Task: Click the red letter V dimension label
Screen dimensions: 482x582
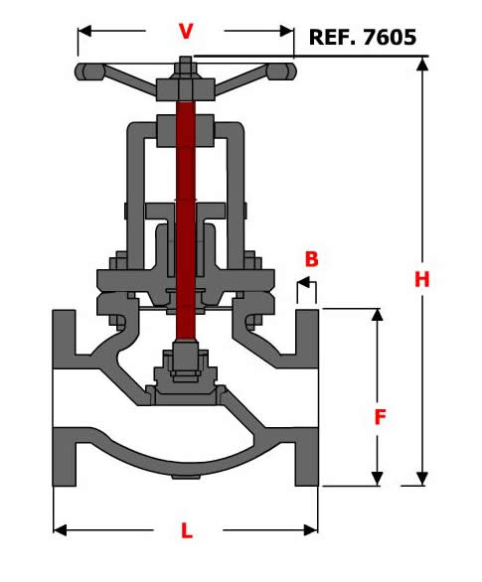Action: (x=186, y=31)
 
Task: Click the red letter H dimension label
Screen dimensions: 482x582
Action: (x=421, y=279)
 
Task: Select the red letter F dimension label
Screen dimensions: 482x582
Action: (x=380, y=417)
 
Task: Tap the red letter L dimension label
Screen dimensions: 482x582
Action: (x=187, y=530)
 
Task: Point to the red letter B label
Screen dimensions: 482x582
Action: (x=311, y=259)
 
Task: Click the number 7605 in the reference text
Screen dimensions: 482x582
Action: (x=390, y=37)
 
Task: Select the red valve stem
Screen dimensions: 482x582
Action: (x=186, y=220)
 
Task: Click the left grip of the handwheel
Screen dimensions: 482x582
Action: (x=89, y=72)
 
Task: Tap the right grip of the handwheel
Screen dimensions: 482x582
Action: (x=282, y=72)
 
